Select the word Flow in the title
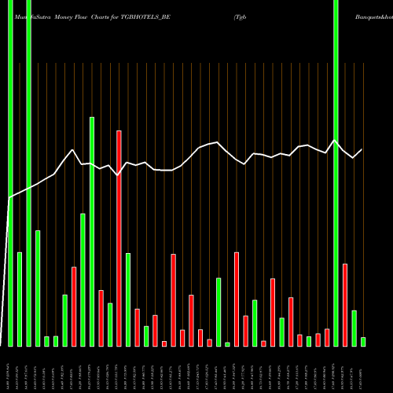pyautogui.click(x=87, y=16)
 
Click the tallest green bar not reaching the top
pyautogui.click(x=92, y=231)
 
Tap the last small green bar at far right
pyautogui.click(x=363, y=341)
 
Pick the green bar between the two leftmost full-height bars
pyautogui.click(x=20, y=299)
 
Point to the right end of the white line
pyautogui.click(x=362, y=149)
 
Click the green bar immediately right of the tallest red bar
pyautogui.click(x=128, y=299)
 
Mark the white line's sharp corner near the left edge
pyautogui.click(x=10, y=198)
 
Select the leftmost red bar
pyautogui.click(x=74, y=307)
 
